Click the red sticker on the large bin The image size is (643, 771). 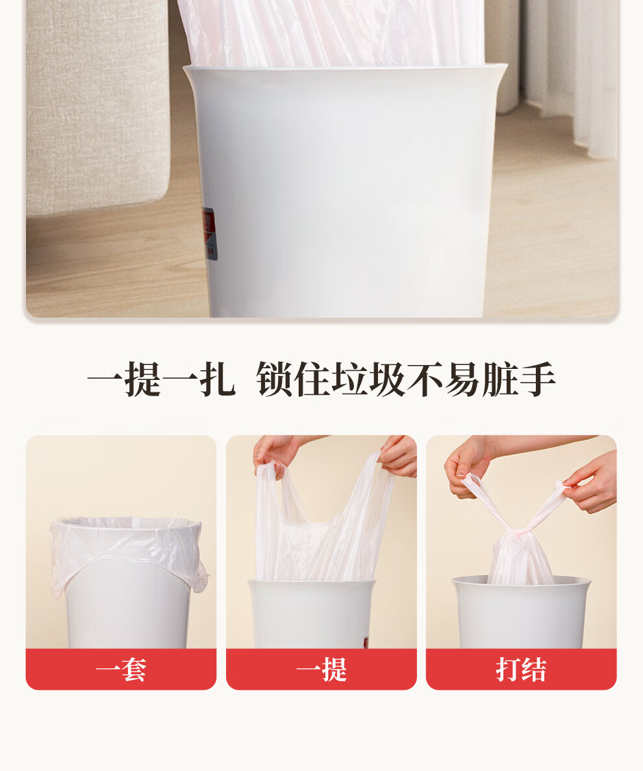[208, 233]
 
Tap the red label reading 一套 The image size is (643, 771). [121, 669]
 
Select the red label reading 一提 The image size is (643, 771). [321, 669]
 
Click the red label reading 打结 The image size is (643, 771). [521, 669]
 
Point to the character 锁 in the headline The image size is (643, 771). [274, 379]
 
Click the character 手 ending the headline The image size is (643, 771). [537, 379]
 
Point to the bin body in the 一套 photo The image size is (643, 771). [125, 605]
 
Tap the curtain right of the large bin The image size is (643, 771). [570, 74]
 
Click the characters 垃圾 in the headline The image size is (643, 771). [369, 379]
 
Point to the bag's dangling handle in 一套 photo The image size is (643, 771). [201, 580]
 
